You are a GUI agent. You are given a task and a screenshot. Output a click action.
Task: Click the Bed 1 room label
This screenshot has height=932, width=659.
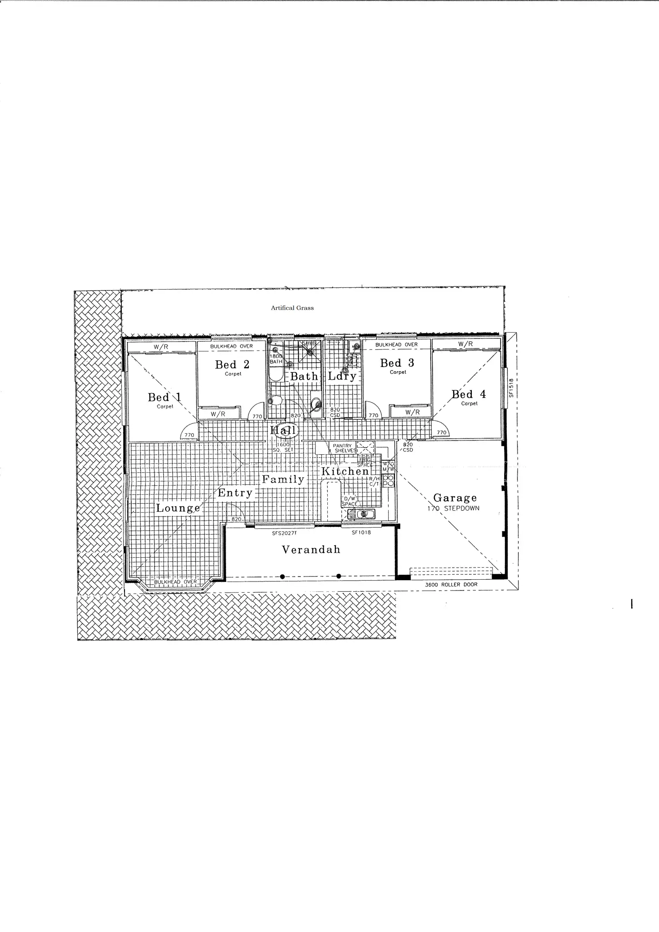pos(165,397)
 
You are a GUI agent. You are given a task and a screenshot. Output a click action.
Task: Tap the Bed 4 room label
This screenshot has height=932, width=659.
pos(469,394)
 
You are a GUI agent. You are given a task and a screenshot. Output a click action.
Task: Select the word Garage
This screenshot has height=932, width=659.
pos(455,498)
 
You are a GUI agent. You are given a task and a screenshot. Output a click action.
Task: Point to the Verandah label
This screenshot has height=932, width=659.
pos(311,550)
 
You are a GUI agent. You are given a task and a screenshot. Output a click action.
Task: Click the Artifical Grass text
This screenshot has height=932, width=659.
pos(292,308)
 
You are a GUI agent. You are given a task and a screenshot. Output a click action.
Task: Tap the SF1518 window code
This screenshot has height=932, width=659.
pos(510,388)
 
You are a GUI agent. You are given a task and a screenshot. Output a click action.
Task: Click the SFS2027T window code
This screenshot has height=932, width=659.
pos(284,533)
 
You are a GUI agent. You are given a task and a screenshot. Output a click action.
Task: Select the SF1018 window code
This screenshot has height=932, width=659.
pos(361,533)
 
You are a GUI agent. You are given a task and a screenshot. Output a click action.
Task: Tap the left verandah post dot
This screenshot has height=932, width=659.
pos(282,577)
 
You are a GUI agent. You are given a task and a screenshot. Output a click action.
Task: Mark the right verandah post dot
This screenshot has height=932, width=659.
pos(338,576)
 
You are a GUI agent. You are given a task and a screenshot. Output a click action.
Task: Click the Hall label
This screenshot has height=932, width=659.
pos(283,431)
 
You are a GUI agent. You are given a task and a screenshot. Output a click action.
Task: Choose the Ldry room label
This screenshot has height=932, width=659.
pos(342,376)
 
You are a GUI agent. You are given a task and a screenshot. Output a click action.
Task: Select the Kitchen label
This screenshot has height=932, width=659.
pos(345,471)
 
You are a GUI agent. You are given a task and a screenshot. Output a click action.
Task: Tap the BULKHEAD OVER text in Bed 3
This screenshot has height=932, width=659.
pos(396,345)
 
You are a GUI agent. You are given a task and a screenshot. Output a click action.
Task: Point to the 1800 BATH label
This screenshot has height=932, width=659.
pos(276,359)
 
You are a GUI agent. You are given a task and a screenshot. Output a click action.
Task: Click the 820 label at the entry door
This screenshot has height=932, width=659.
pos(236,519)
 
